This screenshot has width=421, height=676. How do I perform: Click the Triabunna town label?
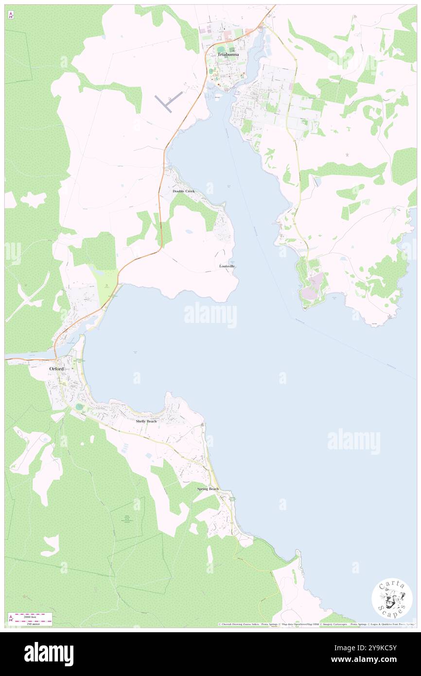pos(228,55)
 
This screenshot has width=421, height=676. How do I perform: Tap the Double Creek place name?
pos(184,191)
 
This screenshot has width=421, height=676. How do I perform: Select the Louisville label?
pos(227,267)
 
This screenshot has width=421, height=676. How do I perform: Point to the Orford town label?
pos(56,369)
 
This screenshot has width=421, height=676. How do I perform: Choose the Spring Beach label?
pos(208,489)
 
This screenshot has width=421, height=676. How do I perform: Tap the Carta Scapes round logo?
pos(392,598)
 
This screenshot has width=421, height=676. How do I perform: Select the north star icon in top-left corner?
pos(11,15)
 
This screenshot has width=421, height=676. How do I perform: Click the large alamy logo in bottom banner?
pos(49,654)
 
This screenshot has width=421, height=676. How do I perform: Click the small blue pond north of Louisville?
pos(189,232)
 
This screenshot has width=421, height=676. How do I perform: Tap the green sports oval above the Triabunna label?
pos(222,49)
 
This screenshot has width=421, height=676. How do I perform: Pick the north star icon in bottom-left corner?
pos(11,618)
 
